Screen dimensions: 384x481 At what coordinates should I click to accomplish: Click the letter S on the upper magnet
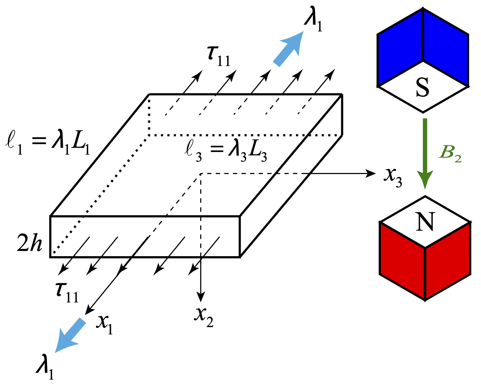[x=423, y=87]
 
